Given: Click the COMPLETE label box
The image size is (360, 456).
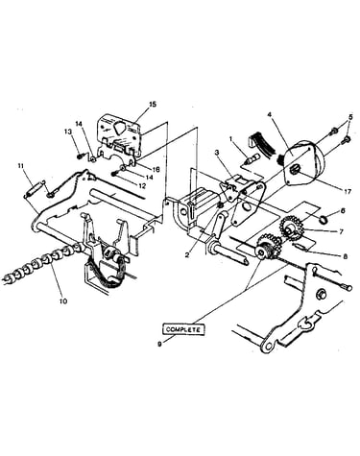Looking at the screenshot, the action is (x=183, y=329).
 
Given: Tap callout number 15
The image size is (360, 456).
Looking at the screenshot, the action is (x=153, y=105).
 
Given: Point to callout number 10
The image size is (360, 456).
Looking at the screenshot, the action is (x=63, y=300).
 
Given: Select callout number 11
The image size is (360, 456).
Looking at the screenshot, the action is (x=21, y=165).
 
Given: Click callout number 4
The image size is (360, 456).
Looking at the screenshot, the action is (x=270, y=114).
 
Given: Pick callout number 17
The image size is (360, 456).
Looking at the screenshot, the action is (x=348, y=191).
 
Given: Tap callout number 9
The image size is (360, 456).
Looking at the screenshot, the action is (x=159, y=344).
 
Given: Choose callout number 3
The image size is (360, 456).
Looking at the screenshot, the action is (x=217, y=153).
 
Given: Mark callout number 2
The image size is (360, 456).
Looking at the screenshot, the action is (x=186, y=254).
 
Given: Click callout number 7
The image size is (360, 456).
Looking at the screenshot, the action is (x=341, y=231).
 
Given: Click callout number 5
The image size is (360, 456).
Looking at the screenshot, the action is (x=350, y=117).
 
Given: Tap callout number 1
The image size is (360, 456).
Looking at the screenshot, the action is (x=231, y=139).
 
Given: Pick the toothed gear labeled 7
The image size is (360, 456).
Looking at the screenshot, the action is (x=291, y=228).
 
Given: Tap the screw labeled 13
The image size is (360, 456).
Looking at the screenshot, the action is (x=81, y=156).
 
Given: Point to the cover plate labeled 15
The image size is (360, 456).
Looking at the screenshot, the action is (x=119, y=136).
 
